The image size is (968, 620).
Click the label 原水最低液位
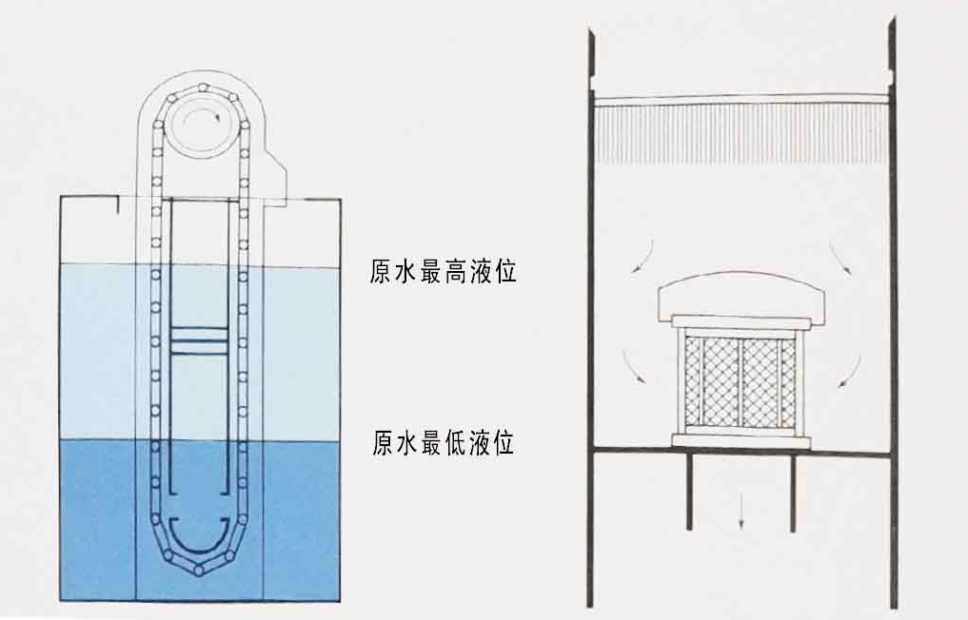pyautogui.click(x=443, y=443)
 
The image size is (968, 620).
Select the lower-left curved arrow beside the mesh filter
pyautogui.click(x=631, y=367)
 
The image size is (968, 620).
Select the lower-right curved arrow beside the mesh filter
pyautogui.click(x=850, y=371)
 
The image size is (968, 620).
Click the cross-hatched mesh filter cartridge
pyautogui.click(x=741, y=381)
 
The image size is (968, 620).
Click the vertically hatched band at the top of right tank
pyautogui.click(x=741, y=133)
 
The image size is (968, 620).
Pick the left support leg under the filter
pyautogui.click(x=690, y=491)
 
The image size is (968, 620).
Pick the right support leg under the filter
pyautogui.click(x=792, y=491)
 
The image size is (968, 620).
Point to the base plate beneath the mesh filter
pyautogui.click(x=741, y=441)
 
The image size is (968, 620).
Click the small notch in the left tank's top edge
pyautogui.click(x=115, y=203)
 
